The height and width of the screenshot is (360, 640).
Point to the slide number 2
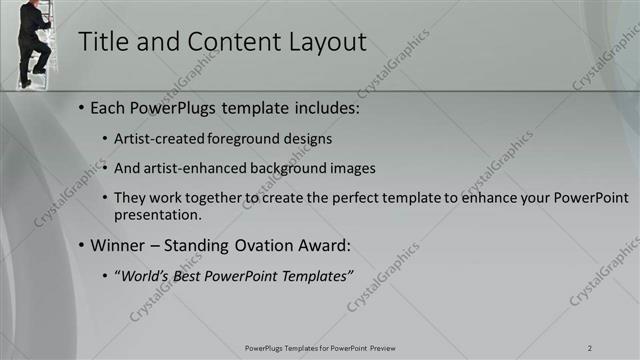tap(590, 347)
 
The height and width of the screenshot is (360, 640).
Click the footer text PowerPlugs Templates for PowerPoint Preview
tap(319, 347)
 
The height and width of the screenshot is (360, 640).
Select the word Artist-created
tap(159, 138)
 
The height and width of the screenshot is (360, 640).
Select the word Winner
tap(118, 245)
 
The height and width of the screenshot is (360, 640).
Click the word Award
tap(325, 245)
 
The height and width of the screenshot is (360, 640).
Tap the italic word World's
tap(145, 275)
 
